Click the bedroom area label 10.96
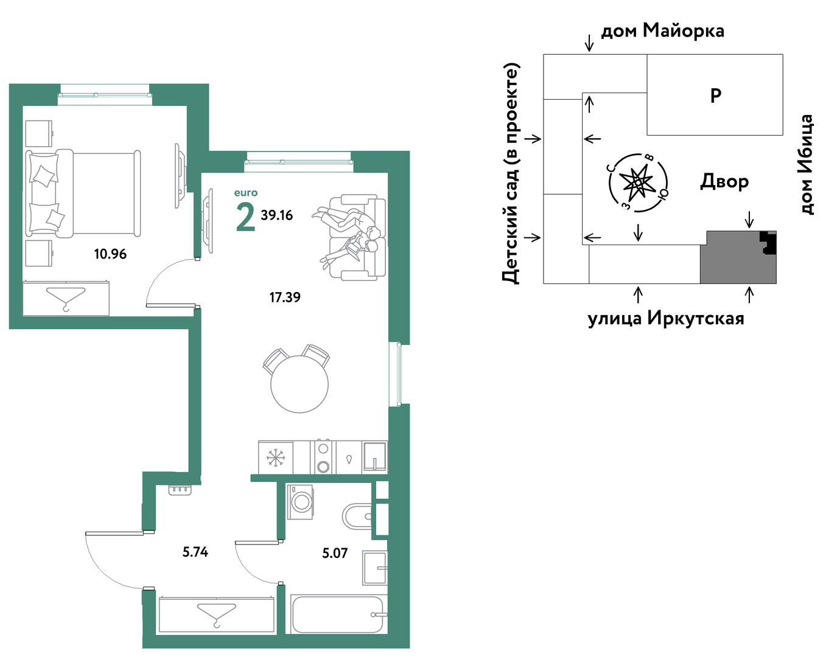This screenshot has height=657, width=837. (110, 254)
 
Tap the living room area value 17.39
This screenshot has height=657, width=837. (285, 297)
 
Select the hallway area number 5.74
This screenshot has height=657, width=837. (195, 552)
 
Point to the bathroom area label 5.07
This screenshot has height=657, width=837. (335, 553)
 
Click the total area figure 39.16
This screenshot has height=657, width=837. (276, 215)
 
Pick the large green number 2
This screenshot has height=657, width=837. (245, 217)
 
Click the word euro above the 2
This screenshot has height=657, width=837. (246, 192)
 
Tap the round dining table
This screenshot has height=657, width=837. (299, 384)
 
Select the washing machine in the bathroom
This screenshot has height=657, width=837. (301, 501)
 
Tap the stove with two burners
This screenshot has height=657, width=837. (323, 457)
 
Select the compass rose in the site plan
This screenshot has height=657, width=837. (638, 182)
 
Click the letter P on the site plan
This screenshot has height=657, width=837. (715, 96)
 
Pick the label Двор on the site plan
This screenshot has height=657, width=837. (724, 181)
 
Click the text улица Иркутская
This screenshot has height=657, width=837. (666, 319)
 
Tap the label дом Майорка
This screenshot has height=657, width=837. (662, 31)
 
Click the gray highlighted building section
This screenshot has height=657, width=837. (738, 257)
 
